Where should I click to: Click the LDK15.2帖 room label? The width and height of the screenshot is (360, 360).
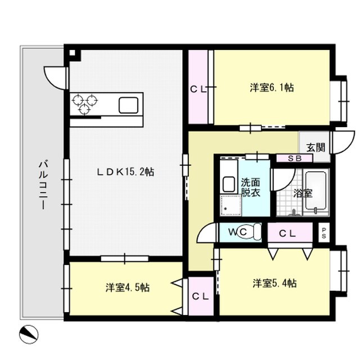coord(125,172)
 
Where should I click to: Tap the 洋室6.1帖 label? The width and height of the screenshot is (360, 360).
coord(272,88)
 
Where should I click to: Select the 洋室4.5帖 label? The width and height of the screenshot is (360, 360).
coord(128,287)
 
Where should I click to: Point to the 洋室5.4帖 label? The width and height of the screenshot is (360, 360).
coord(275,283)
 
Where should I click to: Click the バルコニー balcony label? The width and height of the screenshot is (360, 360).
coord(43,185)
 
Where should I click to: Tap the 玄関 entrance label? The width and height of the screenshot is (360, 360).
coord(316,147)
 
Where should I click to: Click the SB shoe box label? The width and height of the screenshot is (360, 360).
coord(295,159)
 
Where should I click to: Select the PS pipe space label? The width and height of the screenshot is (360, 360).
coord(324,233)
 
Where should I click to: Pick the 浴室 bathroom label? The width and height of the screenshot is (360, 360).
coord(303,193)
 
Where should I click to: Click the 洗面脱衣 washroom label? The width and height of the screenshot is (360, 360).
coord(250,187)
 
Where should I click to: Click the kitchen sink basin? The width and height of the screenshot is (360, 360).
coord(129,105)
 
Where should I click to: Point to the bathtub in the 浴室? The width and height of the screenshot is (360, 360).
coord(316,190)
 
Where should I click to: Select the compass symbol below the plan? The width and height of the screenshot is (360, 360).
coord(29,334)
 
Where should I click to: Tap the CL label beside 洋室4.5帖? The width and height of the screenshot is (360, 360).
coord(200,296)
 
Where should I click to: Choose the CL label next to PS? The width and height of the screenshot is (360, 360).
coord(287,234)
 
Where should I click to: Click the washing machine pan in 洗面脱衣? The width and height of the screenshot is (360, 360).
coord(231,205)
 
